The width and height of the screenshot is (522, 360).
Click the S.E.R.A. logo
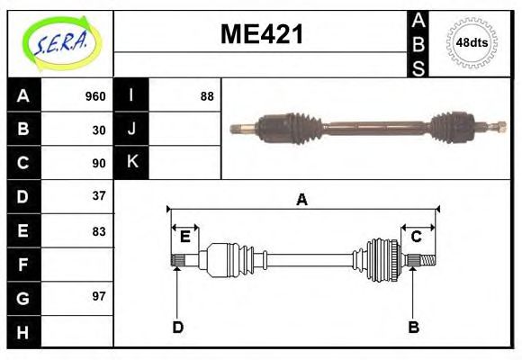pos(60,42)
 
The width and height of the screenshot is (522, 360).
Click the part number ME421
pos(262,35)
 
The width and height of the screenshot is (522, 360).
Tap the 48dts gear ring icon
pos(472,42)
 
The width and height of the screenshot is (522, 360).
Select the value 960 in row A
pos(94,96)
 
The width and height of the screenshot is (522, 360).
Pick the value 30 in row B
pos(99,130)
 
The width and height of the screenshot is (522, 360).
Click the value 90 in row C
pos(99,163)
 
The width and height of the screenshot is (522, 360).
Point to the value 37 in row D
pos(99,195)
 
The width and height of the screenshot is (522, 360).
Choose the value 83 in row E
pos(99,230)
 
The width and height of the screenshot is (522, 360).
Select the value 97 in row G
pos(99,296)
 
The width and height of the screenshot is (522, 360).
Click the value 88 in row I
pos(207,96)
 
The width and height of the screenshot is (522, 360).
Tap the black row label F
pos(22,264)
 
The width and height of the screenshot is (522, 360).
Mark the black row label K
pos(132,162)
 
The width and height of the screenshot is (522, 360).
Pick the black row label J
pos(132,129)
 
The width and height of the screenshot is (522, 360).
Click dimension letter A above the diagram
pos(302,200)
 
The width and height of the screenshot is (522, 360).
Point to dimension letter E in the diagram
pos(185,237)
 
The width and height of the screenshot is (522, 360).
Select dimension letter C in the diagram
pos(417,237)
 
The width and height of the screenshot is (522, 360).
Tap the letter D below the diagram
pos(177,327)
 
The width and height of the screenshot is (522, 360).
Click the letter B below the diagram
pos(414,327)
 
